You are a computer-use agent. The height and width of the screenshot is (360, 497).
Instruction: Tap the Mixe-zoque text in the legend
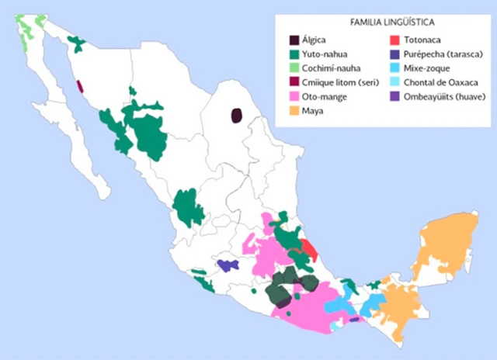429,68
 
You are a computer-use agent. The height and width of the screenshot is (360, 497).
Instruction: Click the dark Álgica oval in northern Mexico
236,116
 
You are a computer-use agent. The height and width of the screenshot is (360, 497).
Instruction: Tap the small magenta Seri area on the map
80,86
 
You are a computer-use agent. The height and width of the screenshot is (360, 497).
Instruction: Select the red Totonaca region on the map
309,250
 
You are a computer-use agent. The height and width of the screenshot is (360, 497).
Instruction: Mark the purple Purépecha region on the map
228,265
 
